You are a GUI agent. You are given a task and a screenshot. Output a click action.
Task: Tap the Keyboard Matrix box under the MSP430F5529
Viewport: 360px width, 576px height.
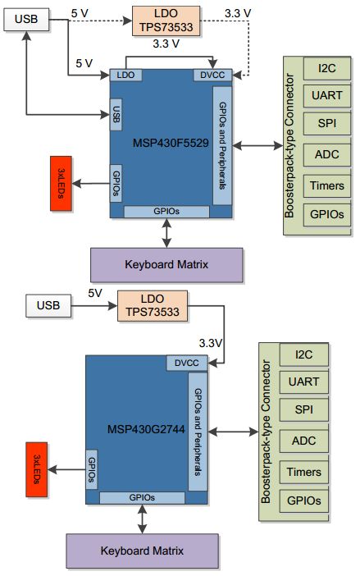click(x=166, y=264)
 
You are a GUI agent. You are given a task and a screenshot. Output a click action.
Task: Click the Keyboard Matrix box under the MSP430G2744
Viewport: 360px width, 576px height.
click(x=143, y=550)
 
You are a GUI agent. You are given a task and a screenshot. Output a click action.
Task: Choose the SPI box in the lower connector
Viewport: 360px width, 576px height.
click(x=303, y=410)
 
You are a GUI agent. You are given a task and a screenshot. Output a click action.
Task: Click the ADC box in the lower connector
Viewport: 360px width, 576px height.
click(x=303, y=441)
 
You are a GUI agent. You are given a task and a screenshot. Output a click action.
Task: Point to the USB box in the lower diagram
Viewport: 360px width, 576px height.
click(x=48, y=306)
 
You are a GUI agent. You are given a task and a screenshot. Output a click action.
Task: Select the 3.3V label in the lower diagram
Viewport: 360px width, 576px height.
click(x=212, y=341)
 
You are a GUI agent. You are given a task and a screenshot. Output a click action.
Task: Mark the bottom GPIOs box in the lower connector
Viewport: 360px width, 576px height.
click(x=303, y=500)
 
